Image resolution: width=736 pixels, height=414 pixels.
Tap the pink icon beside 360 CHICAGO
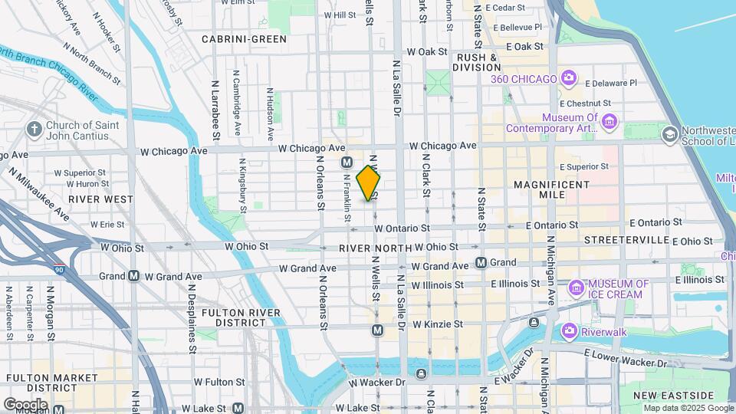click(568, 77)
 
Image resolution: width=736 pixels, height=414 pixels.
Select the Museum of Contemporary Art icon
click(609, 120)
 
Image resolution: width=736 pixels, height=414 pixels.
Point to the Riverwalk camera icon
click(569, 330)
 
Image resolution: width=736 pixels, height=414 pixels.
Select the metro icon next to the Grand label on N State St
click(481, 263)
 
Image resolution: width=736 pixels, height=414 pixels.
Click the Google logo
click(25, 404)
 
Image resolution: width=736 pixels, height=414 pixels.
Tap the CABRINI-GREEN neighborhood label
click(244, 38)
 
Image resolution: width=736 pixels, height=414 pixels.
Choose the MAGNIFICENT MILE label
click(552, 189)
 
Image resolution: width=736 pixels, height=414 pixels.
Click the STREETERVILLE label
click(626, 240)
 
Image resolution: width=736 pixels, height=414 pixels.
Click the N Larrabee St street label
click(217, 109)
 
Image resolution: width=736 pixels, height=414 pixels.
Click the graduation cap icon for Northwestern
click(669, 135)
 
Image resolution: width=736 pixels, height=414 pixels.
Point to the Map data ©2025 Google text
click(688, 408)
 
